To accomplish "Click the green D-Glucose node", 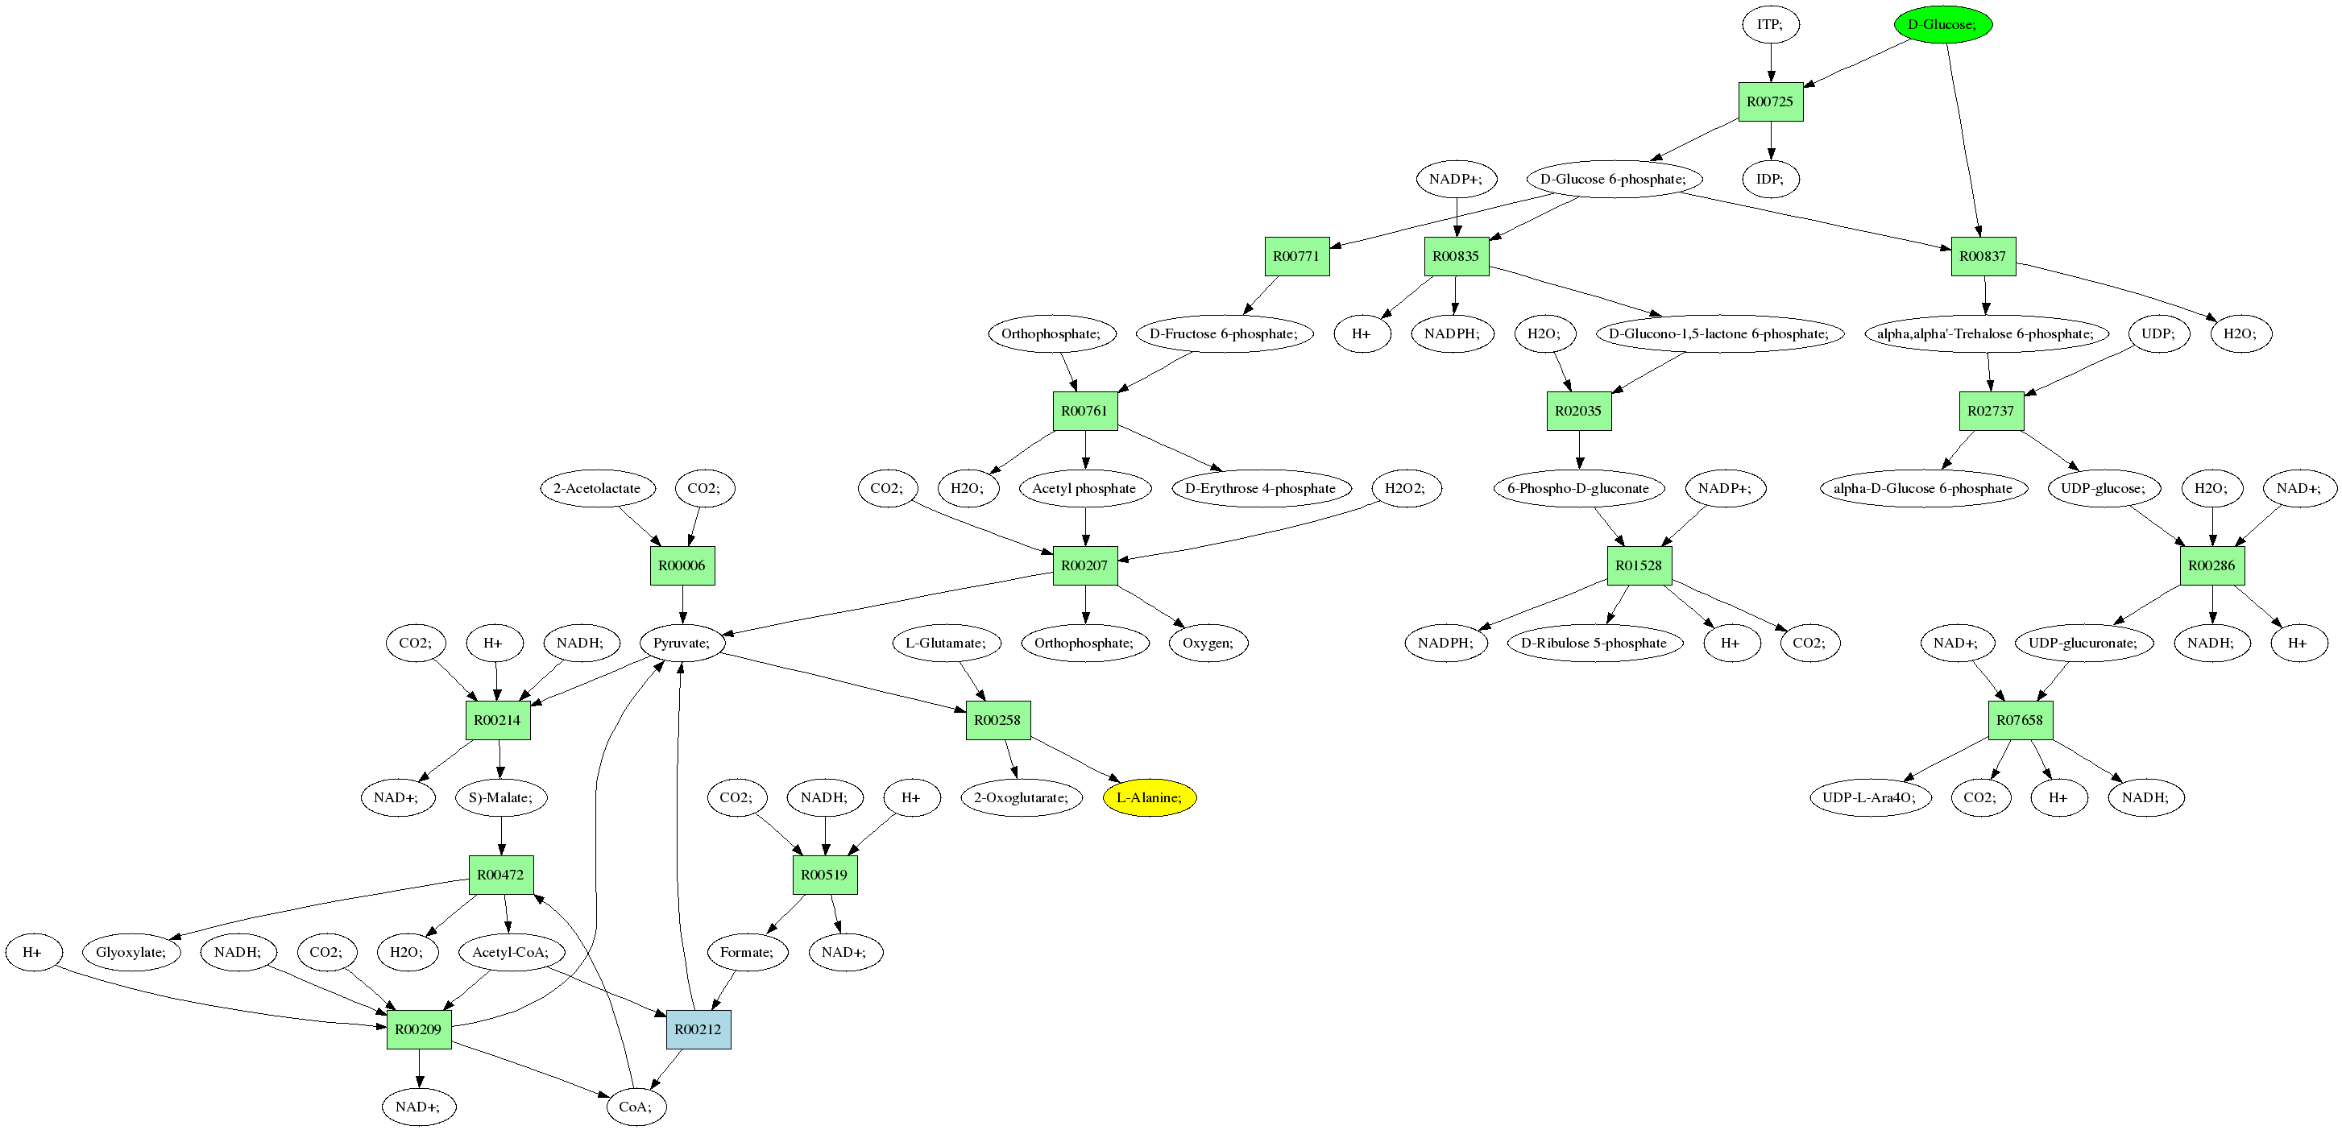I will coord(1942,24).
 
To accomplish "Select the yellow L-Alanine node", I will coord(1149,797).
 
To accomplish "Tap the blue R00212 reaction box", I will coord(698,1029).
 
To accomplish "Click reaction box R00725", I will coord(1770,101).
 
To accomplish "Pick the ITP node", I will coord(1770,24).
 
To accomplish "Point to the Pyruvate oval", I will coord(682,643).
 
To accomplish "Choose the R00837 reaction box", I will coord(1983,256).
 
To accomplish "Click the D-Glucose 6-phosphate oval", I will coord(1613,179).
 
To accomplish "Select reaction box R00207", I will coord(1084,565).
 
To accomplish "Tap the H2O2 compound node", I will coord(1406,488).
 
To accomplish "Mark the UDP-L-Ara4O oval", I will coord(1869,797).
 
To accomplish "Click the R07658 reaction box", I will coord(2019,720).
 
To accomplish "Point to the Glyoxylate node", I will coord(131,952).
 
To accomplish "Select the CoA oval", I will coord(636,1107).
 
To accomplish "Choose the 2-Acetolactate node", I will coord(597,488).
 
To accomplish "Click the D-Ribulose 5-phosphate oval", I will coord(1594,643).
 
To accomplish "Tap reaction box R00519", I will coord(825,875).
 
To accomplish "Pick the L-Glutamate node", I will coord(946,643).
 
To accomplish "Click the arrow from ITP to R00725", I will coord(1770,63).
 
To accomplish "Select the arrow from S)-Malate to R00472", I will coord(501,835).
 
